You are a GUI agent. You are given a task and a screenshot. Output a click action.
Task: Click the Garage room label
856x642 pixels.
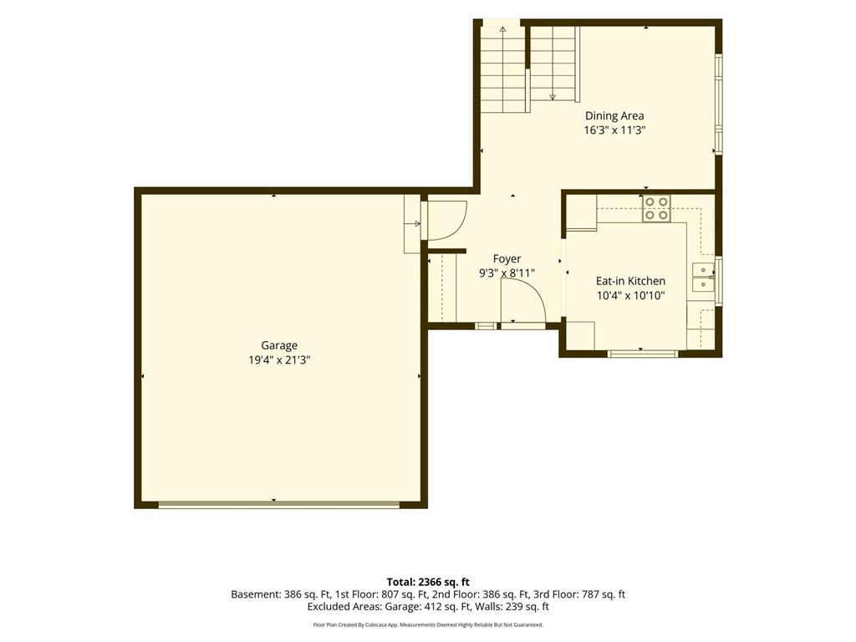(x=279, y=345)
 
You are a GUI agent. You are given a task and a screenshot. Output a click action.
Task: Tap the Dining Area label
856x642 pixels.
(x=614, y=115)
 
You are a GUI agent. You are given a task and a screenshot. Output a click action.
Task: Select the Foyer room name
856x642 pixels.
(x=507, y=259)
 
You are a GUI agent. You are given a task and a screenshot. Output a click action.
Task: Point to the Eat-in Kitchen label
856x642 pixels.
(x=630, y=281)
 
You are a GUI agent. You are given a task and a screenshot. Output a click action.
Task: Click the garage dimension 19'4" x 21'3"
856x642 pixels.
(x=279, y=360)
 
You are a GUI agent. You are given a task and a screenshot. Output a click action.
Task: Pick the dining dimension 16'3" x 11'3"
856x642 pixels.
(x=614, y=130)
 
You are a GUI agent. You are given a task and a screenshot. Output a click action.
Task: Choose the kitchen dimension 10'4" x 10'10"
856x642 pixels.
(x=630, y=296)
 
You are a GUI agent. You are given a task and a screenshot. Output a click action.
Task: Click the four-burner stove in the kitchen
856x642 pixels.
(x=656, y=208)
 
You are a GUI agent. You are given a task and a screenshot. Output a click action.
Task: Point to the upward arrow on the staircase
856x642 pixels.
(x=502, y=29)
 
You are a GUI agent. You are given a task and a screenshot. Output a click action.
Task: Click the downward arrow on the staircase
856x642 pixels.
(x=553, y=97)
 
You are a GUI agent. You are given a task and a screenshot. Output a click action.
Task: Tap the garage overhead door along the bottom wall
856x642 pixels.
(x=279, y=505)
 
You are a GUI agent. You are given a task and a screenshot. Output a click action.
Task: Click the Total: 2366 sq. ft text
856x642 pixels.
(x=428, y=582)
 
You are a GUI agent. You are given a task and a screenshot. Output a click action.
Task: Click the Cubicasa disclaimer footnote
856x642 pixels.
(x=428, y=624)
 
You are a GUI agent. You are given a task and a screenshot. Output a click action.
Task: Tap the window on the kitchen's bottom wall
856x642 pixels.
(x=643, y=354)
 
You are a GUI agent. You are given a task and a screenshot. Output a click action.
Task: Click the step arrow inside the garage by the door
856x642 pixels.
(x=416, y=223)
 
